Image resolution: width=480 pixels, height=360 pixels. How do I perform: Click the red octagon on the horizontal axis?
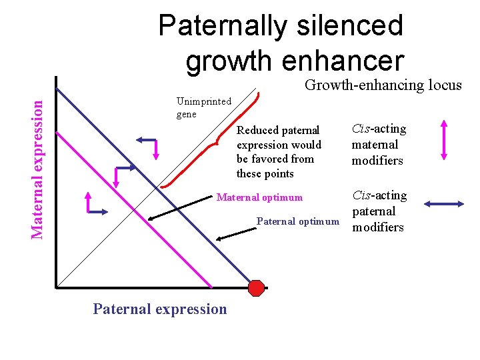click(256, 287)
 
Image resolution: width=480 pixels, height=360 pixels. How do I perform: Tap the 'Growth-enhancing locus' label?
click(383, 85)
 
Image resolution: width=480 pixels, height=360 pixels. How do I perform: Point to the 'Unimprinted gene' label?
click(203, 107)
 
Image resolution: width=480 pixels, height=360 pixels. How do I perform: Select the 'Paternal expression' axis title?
click(160, 309)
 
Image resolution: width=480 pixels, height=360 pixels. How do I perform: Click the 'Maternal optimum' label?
click(259, 197)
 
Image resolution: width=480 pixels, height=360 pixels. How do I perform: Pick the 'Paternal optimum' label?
click(298, 221)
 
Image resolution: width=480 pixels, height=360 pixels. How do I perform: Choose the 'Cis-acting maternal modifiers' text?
click(378, 144)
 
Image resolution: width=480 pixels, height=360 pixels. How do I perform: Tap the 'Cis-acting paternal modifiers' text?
click(378, 211)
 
